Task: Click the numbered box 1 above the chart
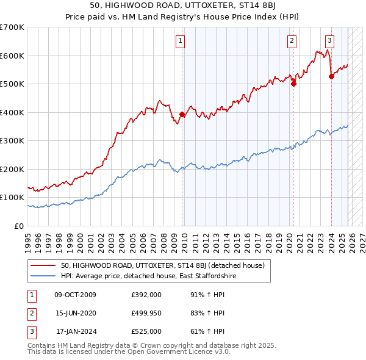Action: pos(181,41)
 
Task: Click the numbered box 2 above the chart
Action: pos(292,41)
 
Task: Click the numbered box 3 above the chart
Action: pos(329,41)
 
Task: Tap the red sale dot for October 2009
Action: pos(182,114)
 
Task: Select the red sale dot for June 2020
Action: pos(293,84)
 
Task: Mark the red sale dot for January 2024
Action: pos(331,76)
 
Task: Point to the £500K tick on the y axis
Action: pos(12,84)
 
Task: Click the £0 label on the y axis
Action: pos(18,226)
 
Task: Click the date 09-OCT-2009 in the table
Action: pos(75,295)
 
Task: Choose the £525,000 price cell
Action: pos(146,331)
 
